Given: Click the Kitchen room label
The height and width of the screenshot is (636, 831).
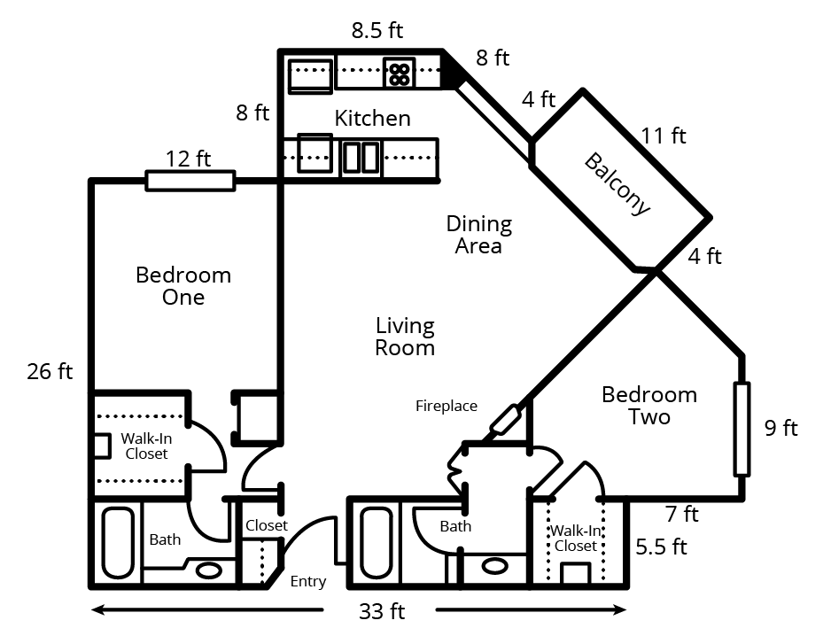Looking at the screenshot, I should point(372,118).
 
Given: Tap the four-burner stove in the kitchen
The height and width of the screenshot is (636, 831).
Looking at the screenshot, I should point(399,73).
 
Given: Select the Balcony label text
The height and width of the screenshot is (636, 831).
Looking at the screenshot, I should point(617,184).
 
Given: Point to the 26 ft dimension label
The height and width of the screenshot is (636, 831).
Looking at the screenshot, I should point(50,371).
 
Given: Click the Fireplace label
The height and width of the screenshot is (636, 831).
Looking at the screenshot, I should point(447,407).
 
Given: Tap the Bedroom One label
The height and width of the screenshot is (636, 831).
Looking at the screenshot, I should point(183,286).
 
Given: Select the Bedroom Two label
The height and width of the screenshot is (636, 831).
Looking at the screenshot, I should point(649,405).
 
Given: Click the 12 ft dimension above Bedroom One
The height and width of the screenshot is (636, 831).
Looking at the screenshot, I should point(189,159).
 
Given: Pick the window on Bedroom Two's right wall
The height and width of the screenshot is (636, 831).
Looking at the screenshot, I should point(742,429).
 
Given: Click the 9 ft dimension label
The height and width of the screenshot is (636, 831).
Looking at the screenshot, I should point(781,429).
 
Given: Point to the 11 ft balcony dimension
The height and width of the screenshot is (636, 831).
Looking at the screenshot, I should point(664,136).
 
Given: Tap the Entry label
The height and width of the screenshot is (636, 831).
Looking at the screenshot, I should point(308,582).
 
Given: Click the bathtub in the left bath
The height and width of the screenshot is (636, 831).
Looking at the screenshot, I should point(117,541).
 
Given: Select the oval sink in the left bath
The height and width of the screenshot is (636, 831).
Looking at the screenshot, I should point(208,570).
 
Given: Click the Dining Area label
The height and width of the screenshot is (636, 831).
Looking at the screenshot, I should point(478,235).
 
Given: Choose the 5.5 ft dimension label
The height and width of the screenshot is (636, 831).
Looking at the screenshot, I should point(661,547).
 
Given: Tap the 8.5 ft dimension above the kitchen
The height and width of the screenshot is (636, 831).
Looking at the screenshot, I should point(377,31).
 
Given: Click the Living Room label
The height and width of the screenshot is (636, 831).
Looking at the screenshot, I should point(405,337).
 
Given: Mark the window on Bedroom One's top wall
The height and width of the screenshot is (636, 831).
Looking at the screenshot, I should point(190,181).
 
